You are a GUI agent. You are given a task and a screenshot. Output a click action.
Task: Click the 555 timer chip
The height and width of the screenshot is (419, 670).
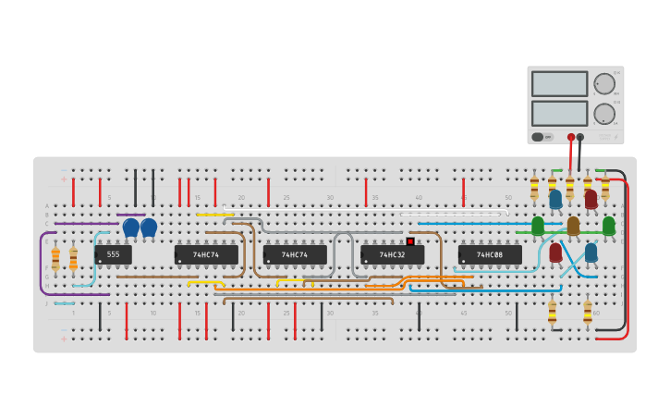pyautogui.click(x=113, y=254)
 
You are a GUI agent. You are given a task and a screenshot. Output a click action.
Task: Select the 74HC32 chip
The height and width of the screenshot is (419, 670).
pyautogui.click(x=393, y=254)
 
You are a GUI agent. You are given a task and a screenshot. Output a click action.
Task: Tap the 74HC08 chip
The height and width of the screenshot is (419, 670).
pyautogui.click(x=490, y=254)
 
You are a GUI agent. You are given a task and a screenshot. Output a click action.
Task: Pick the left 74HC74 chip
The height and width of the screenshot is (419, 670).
pyautogui.click(x=206, y=254)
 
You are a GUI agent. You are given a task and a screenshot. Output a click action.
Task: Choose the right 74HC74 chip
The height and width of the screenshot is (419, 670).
pyautogui.click(x=295, y=254)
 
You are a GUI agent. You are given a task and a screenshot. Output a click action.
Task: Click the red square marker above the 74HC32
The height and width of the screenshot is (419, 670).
pyautogui.click(x=409, y=241)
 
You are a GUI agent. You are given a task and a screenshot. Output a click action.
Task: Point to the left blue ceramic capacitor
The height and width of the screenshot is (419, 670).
pyautogui.click(x=131, y=227)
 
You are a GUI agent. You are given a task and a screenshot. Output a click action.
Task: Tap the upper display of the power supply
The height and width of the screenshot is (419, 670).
pyautogui.click(x=559, y=83)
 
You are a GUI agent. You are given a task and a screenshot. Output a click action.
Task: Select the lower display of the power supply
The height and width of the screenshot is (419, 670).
pyautogui.click(x=559, y=113)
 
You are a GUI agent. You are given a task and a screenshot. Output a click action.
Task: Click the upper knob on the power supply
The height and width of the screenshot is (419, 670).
pyautogui.click(x=604, y=83)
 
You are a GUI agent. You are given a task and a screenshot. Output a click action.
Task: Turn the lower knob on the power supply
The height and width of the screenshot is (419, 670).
pyautogui.click(x=604, y=114)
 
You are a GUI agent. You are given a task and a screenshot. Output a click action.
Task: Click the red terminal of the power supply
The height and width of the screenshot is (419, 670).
pyautogui.click(x=571, y=137)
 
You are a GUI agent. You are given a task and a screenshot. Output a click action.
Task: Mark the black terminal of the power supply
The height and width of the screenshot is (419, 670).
pyautogui.click(x=580, y=137)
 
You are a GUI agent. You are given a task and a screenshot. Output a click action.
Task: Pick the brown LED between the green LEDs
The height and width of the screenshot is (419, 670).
pyautogui.click(x=573, y=225)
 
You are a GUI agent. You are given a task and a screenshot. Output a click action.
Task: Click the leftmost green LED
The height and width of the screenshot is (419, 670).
pyautogui.click(x=538, y=225)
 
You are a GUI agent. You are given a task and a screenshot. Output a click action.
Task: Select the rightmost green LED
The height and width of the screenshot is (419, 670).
pyautogui.click(x=608, y=225)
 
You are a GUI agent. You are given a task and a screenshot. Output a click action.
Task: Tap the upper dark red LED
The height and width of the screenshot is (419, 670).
pyautogui.click(x=591, y=198)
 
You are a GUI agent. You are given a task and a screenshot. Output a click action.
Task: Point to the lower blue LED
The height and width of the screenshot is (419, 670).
pyautogui.click(x=591, y=252)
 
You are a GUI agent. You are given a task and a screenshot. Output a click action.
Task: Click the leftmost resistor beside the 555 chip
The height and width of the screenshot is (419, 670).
pyautogui.click(x=55, y=258)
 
